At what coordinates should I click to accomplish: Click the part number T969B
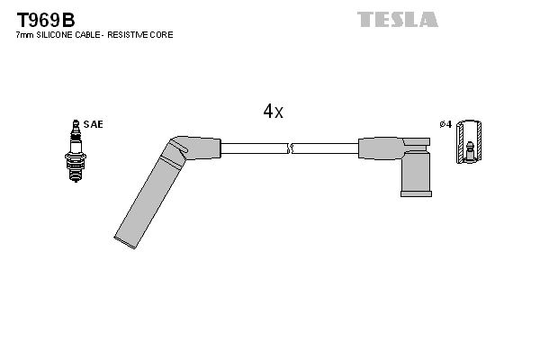point(46,20)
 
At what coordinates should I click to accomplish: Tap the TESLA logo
point(398,19)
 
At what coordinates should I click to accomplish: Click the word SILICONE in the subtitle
point(54,35)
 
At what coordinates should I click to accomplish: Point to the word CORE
point(161,35)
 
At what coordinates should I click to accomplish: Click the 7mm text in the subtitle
point(25,35)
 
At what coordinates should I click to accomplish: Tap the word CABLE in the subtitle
point(87,35)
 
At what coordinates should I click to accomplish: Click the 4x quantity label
point(273,111)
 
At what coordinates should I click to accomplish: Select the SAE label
point(93,124)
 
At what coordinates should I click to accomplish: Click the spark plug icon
point(76,151)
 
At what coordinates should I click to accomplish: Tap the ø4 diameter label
point(445,124)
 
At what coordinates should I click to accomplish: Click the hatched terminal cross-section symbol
point(469,141)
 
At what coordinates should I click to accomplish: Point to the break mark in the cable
point(290,148)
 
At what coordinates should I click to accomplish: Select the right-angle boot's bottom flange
point(416,193)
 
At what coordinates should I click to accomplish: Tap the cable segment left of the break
point(254,148)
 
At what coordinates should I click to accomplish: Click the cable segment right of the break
point(325,148)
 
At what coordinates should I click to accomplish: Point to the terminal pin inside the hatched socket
point(469,151)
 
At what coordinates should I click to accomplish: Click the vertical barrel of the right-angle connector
point(416,171)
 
